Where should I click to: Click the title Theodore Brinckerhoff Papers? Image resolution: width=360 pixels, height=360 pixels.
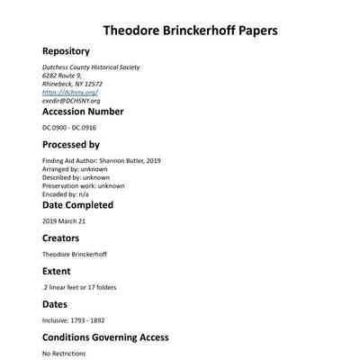click(x=190, y=30)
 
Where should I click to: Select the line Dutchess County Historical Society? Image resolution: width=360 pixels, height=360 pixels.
click(x=91, y=67)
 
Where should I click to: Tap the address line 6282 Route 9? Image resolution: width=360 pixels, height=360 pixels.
click(x=62, y=76)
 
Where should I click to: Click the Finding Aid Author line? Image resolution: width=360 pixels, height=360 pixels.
click(x=99, y=160)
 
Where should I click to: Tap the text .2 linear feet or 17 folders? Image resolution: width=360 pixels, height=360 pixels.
click(x=79, y=288)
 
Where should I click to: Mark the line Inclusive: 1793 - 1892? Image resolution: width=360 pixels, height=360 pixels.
click(x=75, y=320)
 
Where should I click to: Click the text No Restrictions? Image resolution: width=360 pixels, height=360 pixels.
click(x=64, y=354)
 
